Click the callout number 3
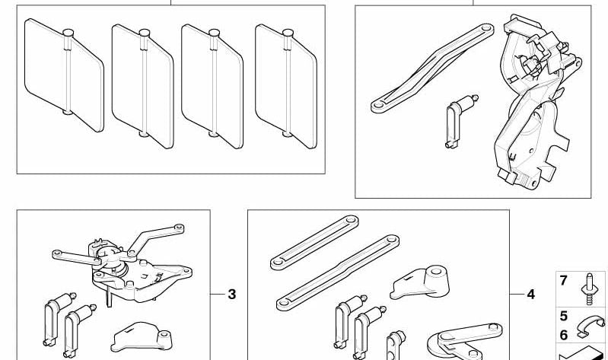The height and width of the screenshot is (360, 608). point(232,295)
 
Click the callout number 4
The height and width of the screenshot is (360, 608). point(531,295)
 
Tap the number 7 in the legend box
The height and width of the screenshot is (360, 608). point(563,280)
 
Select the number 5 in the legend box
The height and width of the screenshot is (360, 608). point(563,316)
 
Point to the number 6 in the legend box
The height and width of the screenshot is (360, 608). point(563,335)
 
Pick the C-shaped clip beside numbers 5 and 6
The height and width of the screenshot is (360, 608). point(590,327)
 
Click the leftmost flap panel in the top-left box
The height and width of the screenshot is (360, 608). point(64,75)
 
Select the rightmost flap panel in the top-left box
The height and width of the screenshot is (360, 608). point(286,86)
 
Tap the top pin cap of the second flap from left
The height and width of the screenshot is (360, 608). point(145,33)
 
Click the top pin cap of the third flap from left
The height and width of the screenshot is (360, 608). point(214,33)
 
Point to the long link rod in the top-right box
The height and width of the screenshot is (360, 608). point(432,68)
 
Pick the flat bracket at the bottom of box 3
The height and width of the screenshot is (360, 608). point(142,337)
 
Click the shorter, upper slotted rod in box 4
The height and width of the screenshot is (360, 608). point(314,243)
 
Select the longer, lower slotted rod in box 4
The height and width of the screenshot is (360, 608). point(338,272)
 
